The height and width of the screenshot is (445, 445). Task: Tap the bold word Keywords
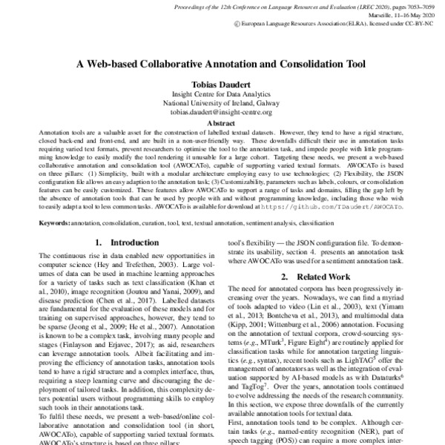coord(55,222)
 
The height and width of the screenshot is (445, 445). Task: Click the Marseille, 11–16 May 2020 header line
coord(398,14)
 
